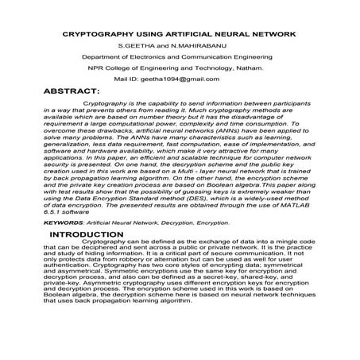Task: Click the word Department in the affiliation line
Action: tap(107, 58)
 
